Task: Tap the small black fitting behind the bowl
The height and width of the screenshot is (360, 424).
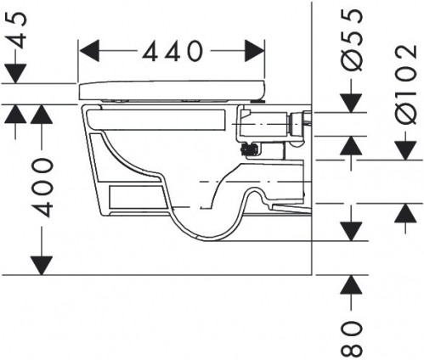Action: click(x=250, y=150)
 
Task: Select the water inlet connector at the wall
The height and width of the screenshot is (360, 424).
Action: click(x=299, y=124)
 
